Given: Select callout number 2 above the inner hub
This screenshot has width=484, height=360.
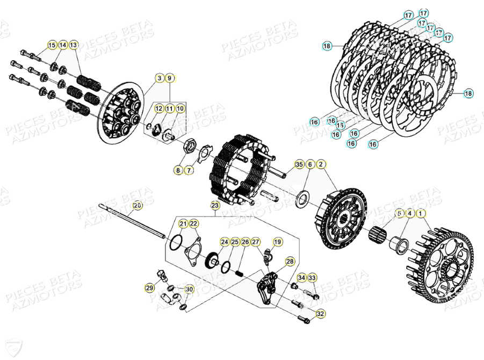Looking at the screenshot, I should [321, 164].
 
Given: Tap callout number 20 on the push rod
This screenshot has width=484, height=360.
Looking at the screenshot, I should [137, 205].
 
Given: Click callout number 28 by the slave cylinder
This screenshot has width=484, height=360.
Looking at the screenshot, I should [290, 262].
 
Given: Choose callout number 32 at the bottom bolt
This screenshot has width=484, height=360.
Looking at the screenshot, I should [321, 313].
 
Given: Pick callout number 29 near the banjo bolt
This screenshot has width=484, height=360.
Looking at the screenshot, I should [149, 289].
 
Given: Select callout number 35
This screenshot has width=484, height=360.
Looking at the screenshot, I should [299, 164].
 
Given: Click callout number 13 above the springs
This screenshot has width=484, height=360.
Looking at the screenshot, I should [74, 45].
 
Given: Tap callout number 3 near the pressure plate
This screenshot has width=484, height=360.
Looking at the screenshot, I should [159, 78].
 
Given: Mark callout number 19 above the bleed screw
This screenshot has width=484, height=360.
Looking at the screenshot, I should [278, 242].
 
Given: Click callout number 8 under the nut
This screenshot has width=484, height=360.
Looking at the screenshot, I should [178, 170].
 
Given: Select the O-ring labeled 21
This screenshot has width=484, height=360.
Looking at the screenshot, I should [174, 242].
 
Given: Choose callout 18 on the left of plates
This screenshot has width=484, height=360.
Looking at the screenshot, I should [327, 46].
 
